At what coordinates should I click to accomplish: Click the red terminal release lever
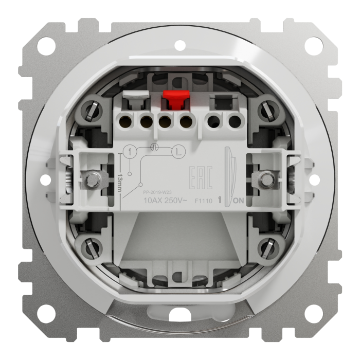pos(174,99)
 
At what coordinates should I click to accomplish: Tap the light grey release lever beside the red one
pos(136,96)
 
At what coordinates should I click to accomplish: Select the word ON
pos(239,202)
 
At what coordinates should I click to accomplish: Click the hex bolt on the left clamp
pos(92,179)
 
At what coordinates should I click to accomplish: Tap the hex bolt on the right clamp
pos(267,179)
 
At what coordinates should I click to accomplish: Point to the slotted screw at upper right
pos(267,109)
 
